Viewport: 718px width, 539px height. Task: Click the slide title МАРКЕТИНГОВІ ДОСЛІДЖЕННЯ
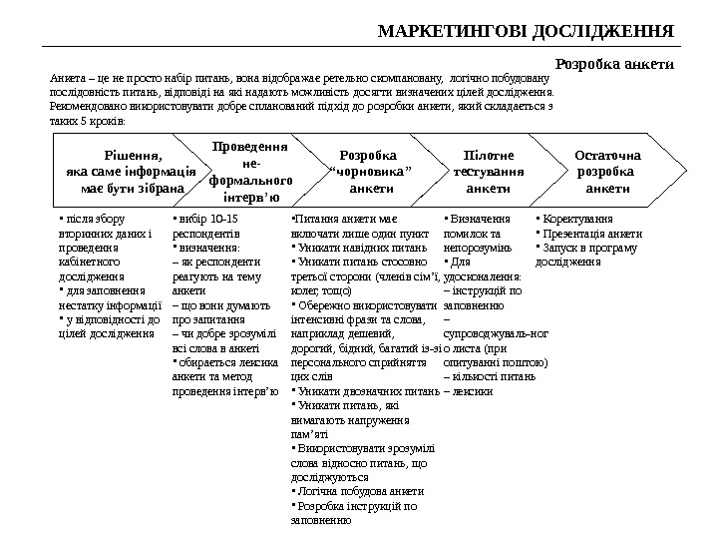528,29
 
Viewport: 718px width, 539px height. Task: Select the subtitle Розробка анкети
614,63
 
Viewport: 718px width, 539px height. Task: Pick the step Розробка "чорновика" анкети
368,171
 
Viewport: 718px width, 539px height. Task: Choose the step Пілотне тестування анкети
489,171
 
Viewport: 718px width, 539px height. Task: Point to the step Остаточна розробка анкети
607,171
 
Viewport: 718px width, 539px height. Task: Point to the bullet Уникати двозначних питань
360,390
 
